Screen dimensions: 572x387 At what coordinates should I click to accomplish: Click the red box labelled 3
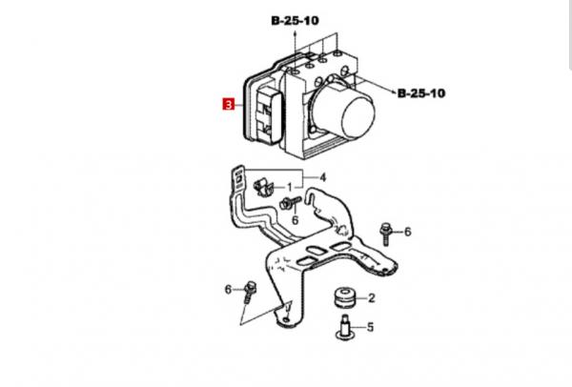point(229,105)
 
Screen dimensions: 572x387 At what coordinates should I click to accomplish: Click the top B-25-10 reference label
point(295,20)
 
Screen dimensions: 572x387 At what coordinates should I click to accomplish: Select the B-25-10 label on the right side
point(421,93)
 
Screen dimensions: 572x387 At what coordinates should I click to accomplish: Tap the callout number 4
point(322,177)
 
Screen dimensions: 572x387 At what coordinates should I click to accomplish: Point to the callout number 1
point(290,188)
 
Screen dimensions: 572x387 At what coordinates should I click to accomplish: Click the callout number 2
point(372,298)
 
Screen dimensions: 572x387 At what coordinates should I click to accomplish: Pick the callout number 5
point(370,327)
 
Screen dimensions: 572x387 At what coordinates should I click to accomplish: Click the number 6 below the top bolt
point(296,220)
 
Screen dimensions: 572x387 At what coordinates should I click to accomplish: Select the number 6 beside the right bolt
point(407,232)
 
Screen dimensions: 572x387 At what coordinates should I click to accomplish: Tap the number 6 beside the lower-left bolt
point(228,290)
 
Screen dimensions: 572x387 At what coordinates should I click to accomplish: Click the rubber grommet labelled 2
point(345,297)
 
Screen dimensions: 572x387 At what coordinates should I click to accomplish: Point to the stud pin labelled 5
point(345,328)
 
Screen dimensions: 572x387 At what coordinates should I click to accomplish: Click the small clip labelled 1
point(263,188)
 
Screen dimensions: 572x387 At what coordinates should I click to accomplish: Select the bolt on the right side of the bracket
point(385,234)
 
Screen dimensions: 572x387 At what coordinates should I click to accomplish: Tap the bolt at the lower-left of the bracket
point(251,293)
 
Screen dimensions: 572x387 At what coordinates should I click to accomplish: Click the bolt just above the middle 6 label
point(291,202)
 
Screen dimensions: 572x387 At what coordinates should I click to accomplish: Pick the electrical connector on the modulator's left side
point(269,116)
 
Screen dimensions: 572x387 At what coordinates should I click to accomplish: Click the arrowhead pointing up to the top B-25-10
point(295,33)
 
